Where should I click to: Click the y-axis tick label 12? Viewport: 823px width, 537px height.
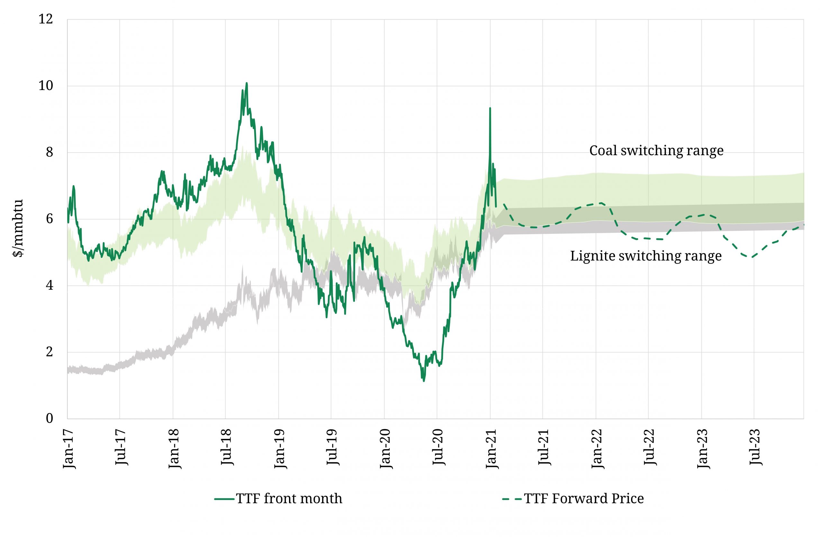46,19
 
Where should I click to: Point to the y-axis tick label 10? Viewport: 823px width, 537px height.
46,86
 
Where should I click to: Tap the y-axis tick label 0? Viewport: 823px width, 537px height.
50,418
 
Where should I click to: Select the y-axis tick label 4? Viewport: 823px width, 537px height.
50,286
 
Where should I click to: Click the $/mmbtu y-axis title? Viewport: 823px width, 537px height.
18,228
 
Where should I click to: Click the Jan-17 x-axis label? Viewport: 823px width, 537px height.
69,449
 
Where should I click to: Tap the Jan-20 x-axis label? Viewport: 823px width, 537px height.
386,449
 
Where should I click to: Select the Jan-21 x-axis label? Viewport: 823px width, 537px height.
492,449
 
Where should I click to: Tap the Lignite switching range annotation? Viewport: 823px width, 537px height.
646,256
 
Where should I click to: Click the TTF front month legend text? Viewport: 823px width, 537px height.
289,499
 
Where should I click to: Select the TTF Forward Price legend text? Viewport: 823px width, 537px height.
584,499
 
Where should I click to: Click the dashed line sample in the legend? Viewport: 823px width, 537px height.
512,499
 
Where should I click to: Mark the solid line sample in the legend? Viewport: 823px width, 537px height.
224,499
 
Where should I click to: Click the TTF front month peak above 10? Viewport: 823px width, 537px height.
247,83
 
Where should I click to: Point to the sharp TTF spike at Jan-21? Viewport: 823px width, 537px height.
490,109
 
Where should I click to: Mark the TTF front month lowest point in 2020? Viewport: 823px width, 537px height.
424,381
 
